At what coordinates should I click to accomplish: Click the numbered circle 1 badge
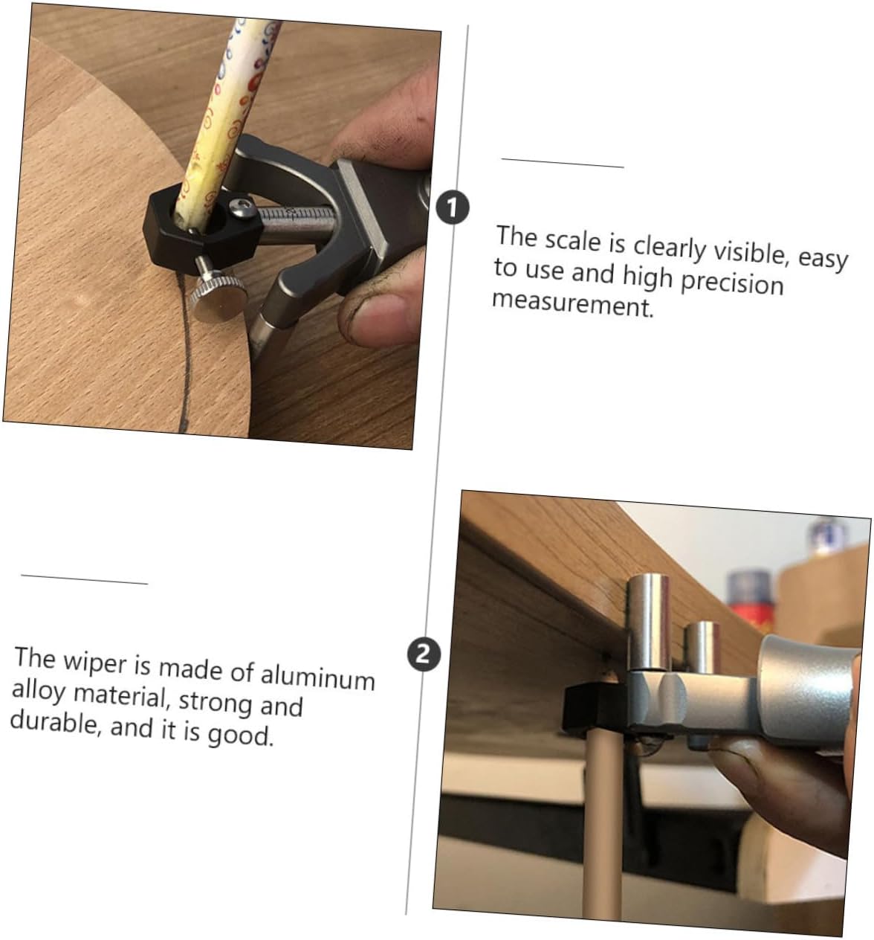(453, 207)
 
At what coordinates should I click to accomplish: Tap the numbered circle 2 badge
(424, 654)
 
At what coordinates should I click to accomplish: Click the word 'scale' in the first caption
(573, 240)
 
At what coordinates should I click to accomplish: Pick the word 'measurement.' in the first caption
(573, 304)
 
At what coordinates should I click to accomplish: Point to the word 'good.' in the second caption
(241, 734)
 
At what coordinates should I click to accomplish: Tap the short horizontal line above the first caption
(563, 163)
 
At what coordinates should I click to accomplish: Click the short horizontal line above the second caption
(84, 579)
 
